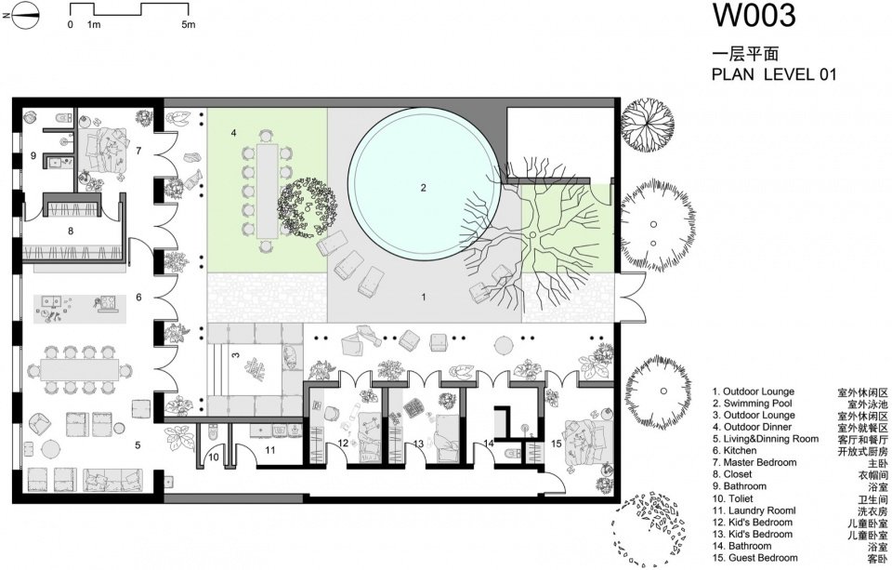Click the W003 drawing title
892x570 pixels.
pyautogui.click(x=754, y=16)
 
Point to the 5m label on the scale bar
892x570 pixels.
pyautogui.click(x=189, y=24)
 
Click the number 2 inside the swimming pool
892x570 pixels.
pyautogui.click(x=424, y=188)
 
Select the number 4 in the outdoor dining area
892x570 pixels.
pyautogui.click(x=233, y=133)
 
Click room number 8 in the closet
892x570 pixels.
pyautogui.click(x=71, y=232)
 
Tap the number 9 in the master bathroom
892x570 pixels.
pyautogui.click(x=33, y=155)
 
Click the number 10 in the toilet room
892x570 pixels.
pyautogui.click(x=214, y=457)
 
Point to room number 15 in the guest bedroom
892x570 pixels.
pyautogui.click(x=557, y=444)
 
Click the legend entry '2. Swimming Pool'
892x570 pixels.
pyautogui.click(x=752, y=404)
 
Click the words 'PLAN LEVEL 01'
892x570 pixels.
pyautogui.click(x=774, y=74)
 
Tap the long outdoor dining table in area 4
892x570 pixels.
pyautogui.click(x=267, y=191)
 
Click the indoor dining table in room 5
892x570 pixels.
pyautogui.click(x=80, y=369)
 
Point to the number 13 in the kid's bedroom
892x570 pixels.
pyautogui.click(x=418, y=444)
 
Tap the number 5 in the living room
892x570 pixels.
pyautogui.click(x=138, y=445)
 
